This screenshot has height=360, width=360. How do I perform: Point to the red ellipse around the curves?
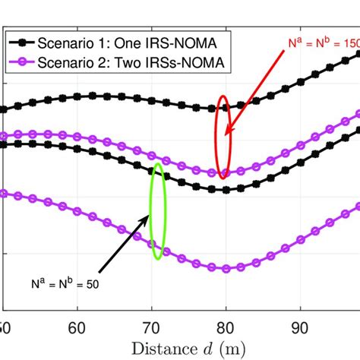coord(223,137)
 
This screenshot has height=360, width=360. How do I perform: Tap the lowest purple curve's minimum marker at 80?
coord(225,268)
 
